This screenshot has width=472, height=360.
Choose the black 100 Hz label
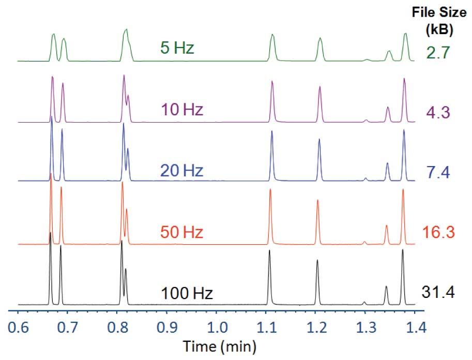pos(187,294)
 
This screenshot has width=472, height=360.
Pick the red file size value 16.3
pos(438,232)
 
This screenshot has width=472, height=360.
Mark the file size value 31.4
pos(438,293)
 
